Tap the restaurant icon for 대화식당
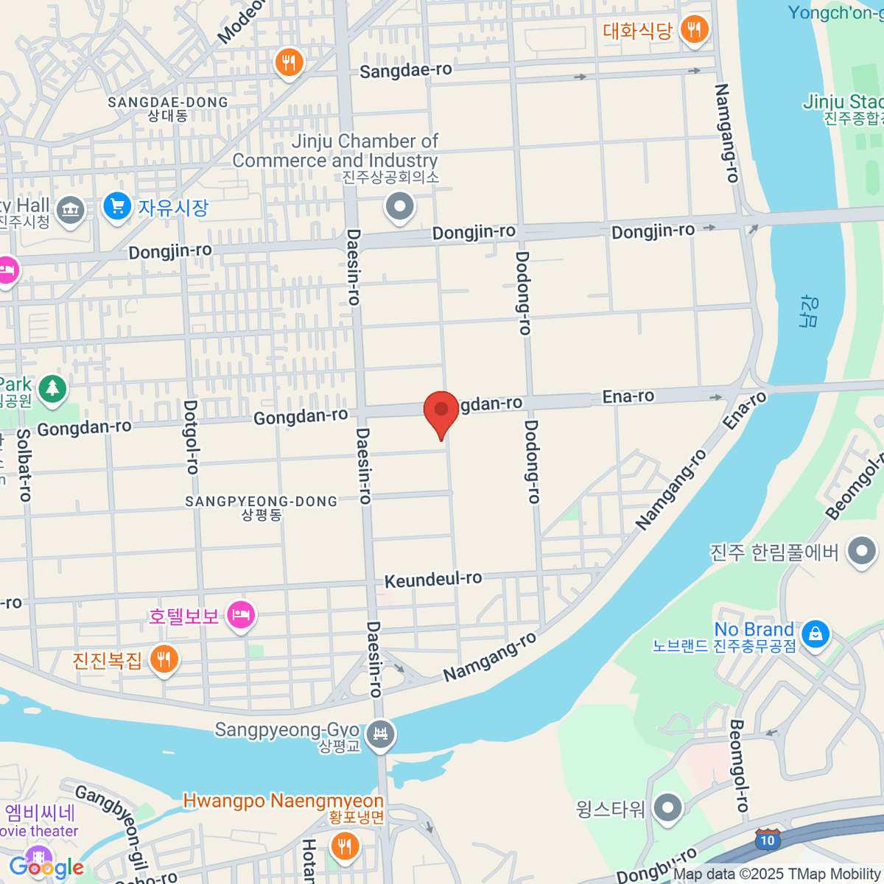[x=693, y=30]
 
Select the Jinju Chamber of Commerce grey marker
[x=400, y=206]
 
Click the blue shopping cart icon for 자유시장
[x=117, y=206]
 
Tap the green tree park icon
[x=52, y=387]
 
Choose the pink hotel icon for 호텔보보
[x=241, y=614]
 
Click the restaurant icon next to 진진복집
[x=164, y=659]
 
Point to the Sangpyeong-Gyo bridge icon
[x=381, y=734]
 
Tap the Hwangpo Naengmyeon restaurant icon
[x=344, y=845]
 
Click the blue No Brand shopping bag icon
[x=815, y=634]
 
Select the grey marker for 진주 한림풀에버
[x=862, y=551]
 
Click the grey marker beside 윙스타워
[x=667, y=807]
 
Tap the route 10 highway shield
[x=768, y=840]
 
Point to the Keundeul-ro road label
[x=433, y=580]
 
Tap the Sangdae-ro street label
[x=406, y=70]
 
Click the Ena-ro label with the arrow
[x=628, y=396]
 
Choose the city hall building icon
[x=71, y=209]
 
